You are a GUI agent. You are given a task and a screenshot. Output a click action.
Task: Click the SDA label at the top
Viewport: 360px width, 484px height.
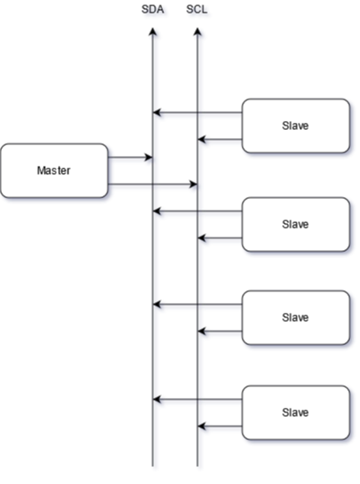tap(152, 10)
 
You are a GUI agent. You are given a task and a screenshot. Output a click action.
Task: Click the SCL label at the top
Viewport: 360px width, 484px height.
tap(197, 10)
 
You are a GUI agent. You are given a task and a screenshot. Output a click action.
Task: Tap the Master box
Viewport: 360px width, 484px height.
tap(55, 170)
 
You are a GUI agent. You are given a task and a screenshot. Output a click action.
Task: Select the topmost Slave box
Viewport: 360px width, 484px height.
tap(296, 126)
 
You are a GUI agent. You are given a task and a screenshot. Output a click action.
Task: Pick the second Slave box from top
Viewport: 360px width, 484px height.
tap(296, 224)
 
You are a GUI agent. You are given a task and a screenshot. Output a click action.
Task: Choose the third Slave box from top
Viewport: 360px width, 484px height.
tap(296, 317)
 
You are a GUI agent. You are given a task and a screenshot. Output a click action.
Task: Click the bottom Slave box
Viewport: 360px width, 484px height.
tap(296, 412)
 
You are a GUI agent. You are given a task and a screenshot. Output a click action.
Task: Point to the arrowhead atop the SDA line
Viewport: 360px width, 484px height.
tap(153, 31)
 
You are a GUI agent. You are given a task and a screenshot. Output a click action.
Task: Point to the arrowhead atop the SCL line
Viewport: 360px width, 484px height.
tap(197, 31)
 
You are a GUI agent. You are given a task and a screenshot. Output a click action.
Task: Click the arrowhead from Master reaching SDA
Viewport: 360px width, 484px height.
tap(149, 158)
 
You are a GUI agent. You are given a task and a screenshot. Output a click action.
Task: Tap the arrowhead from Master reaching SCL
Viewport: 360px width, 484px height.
tap(193, 185)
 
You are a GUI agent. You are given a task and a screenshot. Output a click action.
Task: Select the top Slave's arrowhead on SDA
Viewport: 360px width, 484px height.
tap(157, 112)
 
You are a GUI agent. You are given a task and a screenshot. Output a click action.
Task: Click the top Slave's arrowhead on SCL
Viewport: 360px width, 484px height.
tap(201, 140)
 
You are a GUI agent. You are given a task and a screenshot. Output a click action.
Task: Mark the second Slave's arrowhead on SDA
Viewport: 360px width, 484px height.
tap(157, 212)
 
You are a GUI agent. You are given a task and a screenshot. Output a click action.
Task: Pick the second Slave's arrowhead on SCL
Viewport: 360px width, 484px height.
tap(201, 238)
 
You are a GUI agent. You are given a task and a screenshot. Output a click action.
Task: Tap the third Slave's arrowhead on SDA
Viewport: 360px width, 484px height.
tap(157, 305)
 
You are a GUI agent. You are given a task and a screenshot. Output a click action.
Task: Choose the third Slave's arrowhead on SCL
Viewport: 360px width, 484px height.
tap(201, 332)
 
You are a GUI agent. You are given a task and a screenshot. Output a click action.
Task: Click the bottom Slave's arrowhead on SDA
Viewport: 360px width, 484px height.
tap(157, 400)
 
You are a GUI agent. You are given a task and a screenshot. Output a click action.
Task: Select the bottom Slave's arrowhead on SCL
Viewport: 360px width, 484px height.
tap(201, 427)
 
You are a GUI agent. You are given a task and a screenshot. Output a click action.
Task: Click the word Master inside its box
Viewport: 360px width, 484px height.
tap(54, 170)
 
